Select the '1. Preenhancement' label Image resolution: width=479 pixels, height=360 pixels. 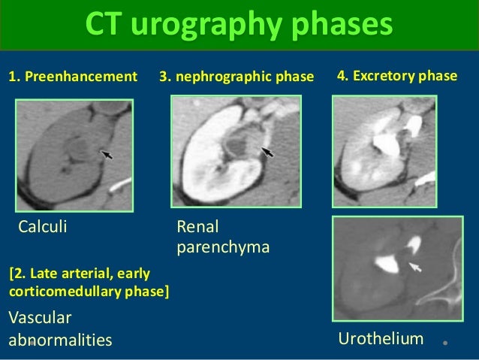(x=73, y=77)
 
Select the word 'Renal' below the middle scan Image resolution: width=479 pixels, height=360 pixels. (x=197, y=226)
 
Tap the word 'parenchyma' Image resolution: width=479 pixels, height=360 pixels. (x=222, y=246)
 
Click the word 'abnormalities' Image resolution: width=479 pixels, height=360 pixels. (x=59, y=340)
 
